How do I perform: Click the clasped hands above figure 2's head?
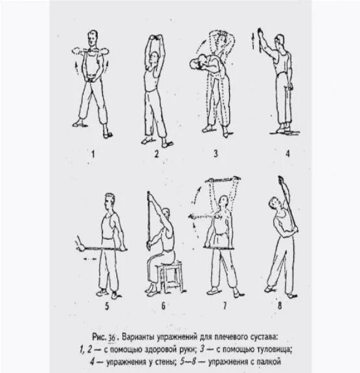pos(156,39)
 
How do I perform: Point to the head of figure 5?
pos(110,199)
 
